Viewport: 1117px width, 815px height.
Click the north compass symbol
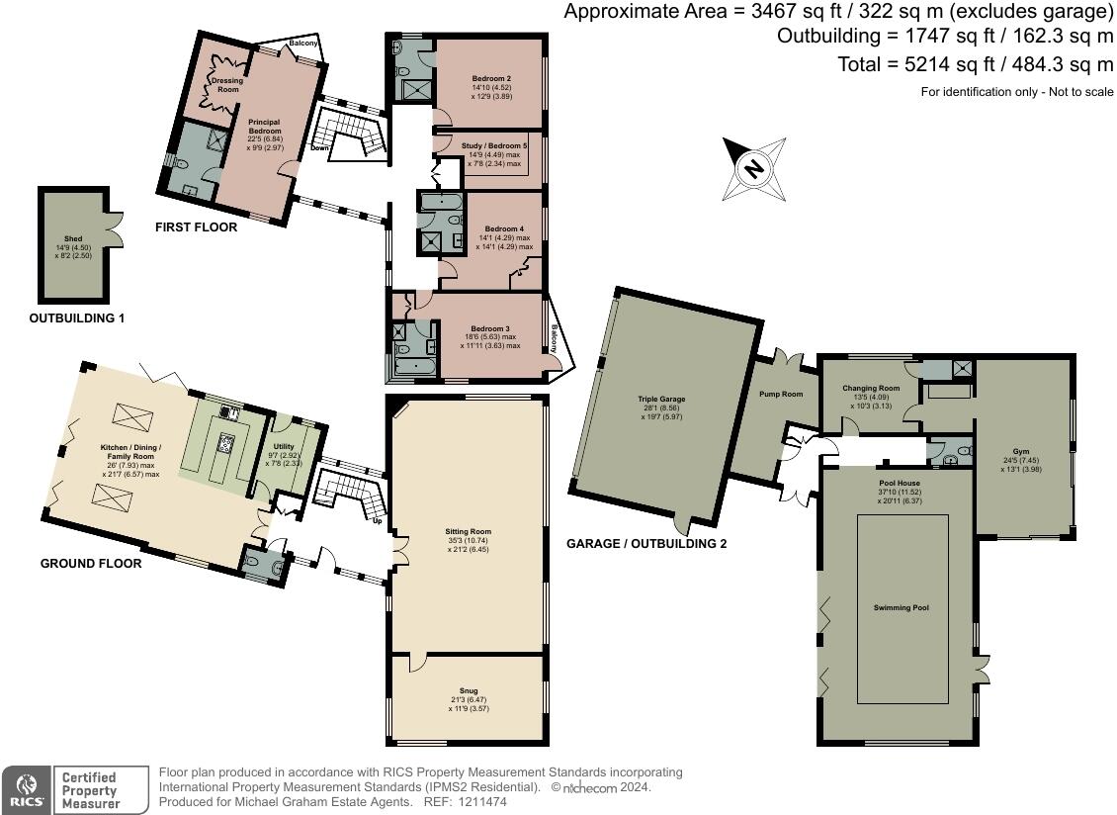(x=754, y=168)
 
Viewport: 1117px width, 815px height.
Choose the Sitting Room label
(x=468, y=531)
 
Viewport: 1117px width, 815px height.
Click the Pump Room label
(x=782, y=394)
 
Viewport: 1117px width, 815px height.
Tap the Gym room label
(x=1021, y=451)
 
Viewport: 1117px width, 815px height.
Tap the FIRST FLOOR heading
(x=196, y=227)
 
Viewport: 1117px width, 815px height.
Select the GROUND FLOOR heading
(x=90, y=564)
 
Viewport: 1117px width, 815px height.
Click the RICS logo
(x=25, y=790)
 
